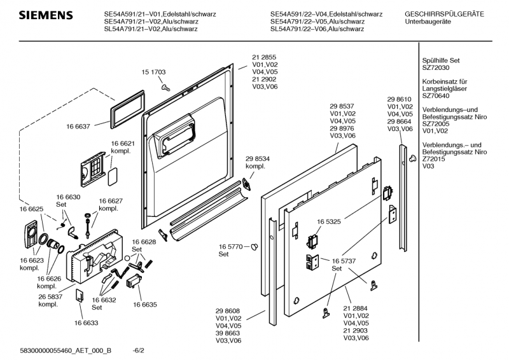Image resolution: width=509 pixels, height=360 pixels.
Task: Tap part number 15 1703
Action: tap(153, 73)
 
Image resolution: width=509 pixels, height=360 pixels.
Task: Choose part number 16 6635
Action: tap(145, 305)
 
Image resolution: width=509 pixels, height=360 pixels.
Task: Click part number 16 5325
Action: tap(329, 221)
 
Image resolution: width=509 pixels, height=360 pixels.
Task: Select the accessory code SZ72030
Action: tap(436, 67)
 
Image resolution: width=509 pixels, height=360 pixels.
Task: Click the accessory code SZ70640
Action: tap(436, 96)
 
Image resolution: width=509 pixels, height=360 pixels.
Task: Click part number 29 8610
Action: tap(400, 99)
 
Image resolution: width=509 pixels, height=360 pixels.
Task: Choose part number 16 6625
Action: tap(31, 209)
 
